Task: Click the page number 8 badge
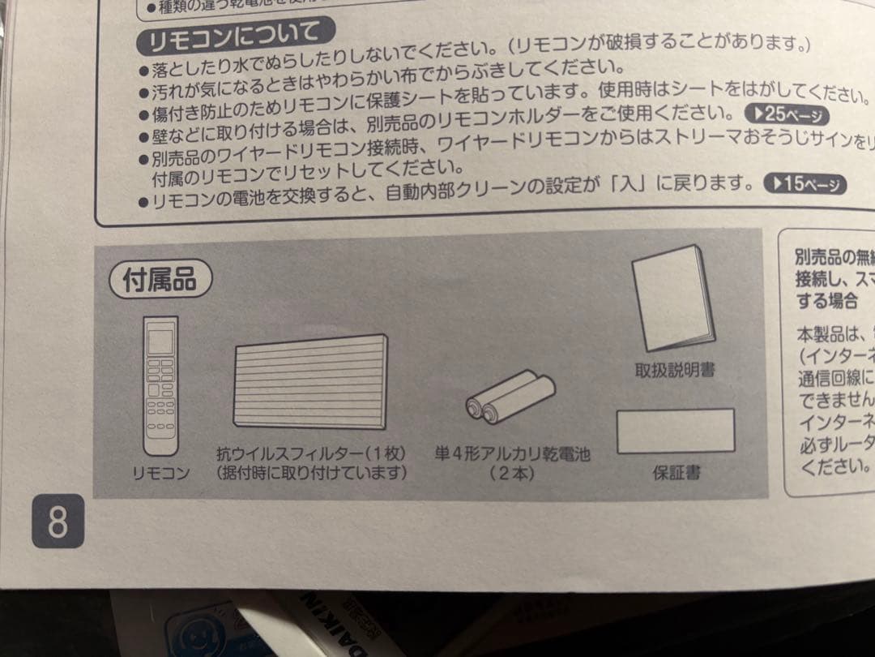pos(58,522)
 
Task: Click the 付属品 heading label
pos(160,281)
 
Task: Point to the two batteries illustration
pos(510,398)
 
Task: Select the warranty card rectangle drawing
pos(676,430)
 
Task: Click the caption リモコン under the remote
pos(160,472)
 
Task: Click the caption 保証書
pos(677,472)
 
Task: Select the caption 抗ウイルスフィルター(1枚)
pos(310,453)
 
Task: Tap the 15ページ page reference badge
pos(805,185)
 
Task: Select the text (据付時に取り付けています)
pos(310,472)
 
